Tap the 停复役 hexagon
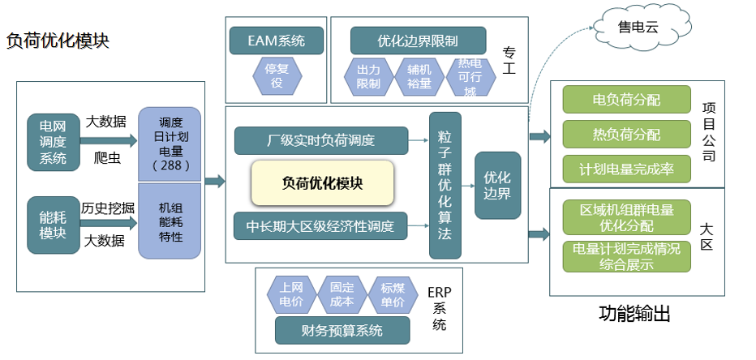[x=277, y=75]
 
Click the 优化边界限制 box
[x=418, y=40]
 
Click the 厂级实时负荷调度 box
[x=320, y=140]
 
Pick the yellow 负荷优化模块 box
[x=322, y=182]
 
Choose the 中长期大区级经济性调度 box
[x=320, y=225]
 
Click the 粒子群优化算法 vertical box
[x=445, y=185]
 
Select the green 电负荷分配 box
[x=626, y=100]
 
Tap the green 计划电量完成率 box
[x=626, y=169]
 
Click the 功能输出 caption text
[x=634, y=314]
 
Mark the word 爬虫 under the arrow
[x=106, y=158]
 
